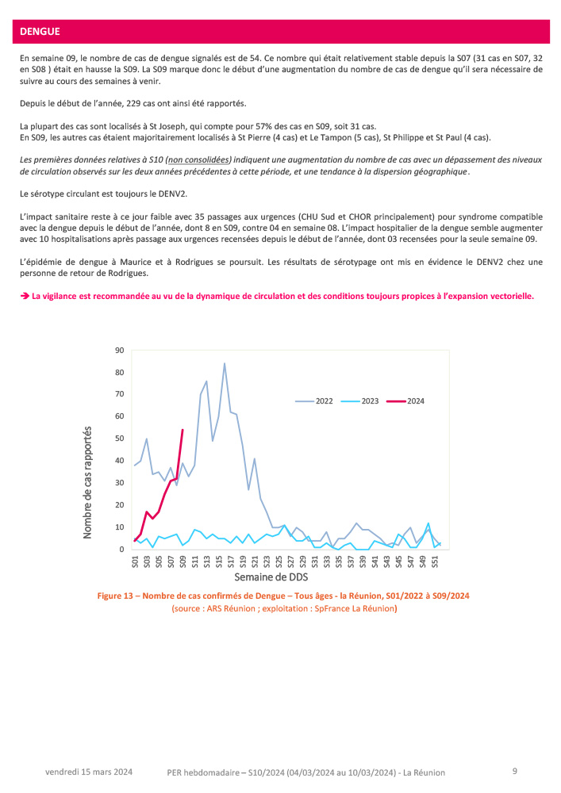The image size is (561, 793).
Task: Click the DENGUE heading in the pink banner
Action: [40, 32]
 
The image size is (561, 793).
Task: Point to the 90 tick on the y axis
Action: [120, 350]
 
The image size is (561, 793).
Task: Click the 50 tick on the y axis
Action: [120, 439]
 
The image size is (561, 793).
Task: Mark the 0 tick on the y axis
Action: [122, 550]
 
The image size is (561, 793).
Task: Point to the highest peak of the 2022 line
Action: [225, 363]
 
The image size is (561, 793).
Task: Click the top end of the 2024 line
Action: [183, 430]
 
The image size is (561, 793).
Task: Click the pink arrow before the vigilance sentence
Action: [24, 296]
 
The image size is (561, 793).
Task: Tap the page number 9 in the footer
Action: [515, 771]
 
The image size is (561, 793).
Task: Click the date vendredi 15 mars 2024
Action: [89, 772]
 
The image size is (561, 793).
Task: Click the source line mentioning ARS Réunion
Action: [284, 609]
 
